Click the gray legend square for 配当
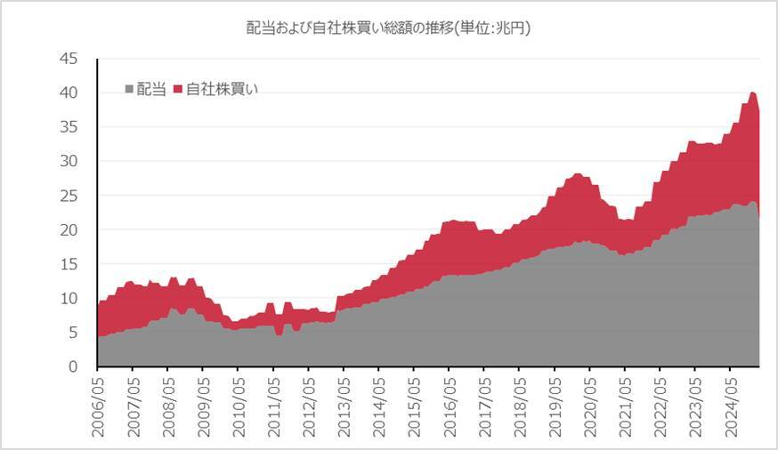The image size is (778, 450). (130, 89)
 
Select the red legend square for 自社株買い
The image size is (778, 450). (177, 89)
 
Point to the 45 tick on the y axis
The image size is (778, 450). (69, 59)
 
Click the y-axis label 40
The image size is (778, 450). (69, 92)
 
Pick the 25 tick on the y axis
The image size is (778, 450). (69, 196)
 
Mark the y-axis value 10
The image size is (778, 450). (69, 299)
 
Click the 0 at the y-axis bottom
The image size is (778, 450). (73, 367)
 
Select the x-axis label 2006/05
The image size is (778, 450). (97, 406)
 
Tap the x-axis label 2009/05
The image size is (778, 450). (202, 406)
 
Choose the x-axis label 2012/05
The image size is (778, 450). (308, 406)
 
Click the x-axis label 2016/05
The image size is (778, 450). (449, 406)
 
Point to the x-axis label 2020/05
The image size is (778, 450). (589, 406)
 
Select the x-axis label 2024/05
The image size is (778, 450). (730, 406)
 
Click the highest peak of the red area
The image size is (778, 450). (752, 92)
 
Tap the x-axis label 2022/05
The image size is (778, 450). (660, 406)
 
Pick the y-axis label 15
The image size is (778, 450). (69, 264)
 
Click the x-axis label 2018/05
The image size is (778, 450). (519, 406)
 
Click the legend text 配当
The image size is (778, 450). (151, 89)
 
